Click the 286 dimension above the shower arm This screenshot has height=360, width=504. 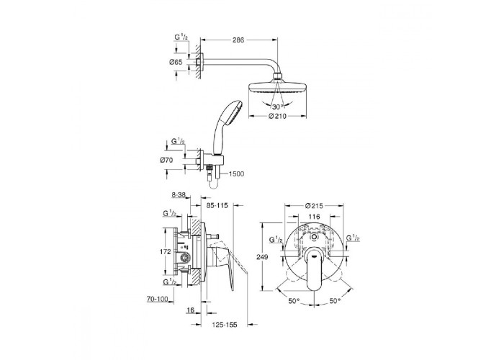point(238,40)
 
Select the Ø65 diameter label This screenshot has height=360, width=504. point(176,62)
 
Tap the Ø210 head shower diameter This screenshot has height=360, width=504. point(277,116)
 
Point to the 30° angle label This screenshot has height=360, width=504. point(278,107)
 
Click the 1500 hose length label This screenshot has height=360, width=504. point(236,174)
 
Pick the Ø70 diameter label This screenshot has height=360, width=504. point(166,159)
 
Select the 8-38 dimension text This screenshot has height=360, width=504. point(179,195)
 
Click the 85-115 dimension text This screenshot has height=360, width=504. point(217,205)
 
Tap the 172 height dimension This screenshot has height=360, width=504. point(165,252)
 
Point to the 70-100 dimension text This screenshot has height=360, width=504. point(158,300)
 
